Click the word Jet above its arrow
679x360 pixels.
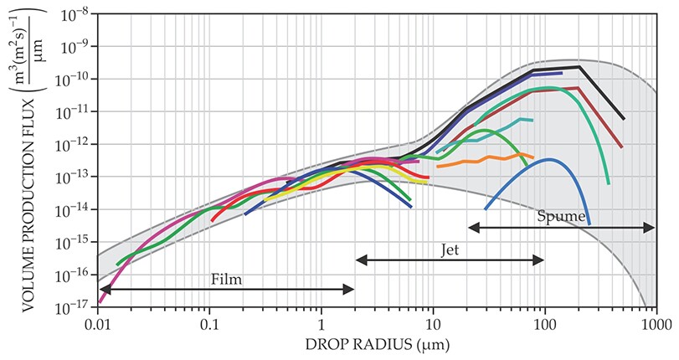pyautogui.click(x=450, y=249)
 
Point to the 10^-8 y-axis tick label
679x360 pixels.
pyautogui.click(x=78, y=14)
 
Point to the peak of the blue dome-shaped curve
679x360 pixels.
pyautogui.click(x=548, y=159)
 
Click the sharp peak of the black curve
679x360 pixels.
pyautogui.click(x=579, y=67)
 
